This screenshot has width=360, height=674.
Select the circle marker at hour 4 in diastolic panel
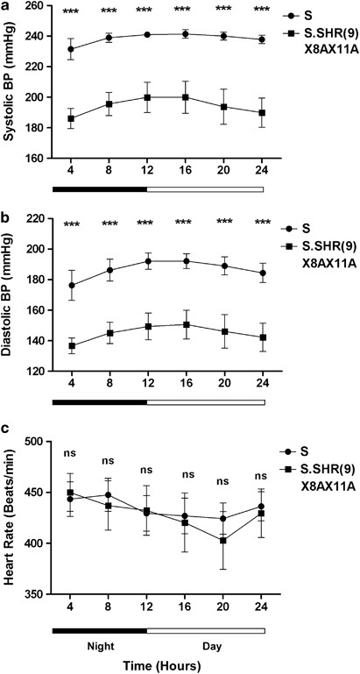click(x=70, y=285)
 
